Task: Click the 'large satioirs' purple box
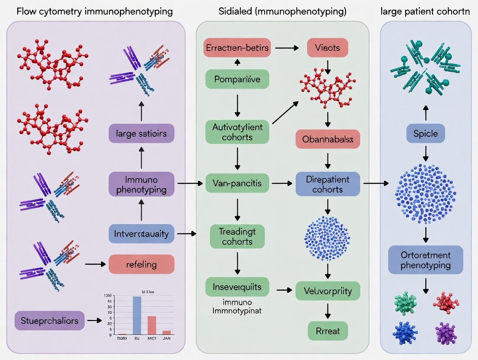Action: click(x=141, y=133)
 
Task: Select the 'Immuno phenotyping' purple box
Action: click(x=141, y=184)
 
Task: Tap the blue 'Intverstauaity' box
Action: click(x=141, y=234)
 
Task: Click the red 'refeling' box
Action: click(x=141, y=264)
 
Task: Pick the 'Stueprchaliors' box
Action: click(x=50, y=321)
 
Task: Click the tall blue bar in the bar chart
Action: click(x=137, y=315)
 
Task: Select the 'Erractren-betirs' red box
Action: click(x=237, y=48)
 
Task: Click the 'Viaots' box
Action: click(x=327, y=48)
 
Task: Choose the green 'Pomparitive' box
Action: click(x=237, y=79)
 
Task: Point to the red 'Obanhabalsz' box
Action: click(x=327, y=139)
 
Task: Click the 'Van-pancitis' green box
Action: click(x=237, y=183)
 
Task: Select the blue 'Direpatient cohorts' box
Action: click(x=327, y=184)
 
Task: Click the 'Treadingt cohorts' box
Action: click(x=237, y=236)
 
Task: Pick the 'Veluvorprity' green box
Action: click(x=327, y=290)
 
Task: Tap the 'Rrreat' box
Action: click(x=327, y=331)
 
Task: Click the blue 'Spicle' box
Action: click(x=425, y=134)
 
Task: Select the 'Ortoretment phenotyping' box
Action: click(x=425, y=260)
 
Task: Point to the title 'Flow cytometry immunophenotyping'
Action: click(x=94, y=11)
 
